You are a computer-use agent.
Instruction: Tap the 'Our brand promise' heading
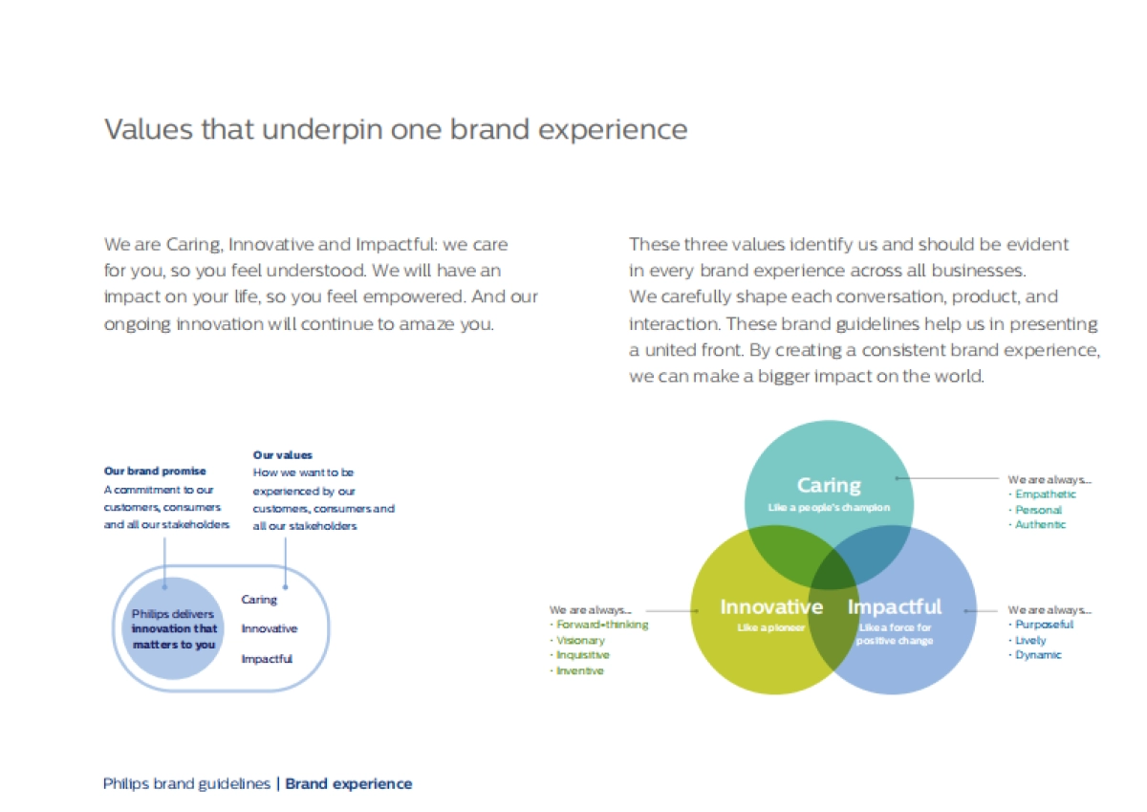[155, 471]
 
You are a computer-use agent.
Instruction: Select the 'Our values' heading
[282, 455]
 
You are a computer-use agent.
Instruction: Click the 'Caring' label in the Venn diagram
[829, 486]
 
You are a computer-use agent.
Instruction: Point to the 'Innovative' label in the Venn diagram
[771, 606]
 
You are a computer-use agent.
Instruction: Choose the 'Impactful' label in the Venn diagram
[894, 607]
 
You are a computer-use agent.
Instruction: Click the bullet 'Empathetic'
[1045, 494]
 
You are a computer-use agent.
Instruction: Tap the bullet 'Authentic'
[1040, 525]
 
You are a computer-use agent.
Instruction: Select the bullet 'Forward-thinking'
[602, 625]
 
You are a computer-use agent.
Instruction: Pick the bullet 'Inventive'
[579, 670]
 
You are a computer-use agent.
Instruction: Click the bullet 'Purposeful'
[1044, 625]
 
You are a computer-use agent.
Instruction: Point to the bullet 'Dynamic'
[1038, 655]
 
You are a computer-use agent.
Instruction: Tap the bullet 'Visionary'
[580, 641]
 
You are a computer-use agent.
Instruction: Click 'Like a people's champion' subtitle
[829, 508]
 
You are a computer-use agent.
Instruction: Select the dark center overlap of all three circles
[833, 574]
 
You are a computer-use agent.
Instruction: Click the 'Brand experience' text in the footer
[348, 784]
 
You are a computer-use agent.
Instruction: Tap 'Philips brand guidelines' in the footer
[186, 784]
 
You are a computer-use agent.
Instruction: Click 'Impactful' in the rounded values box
[267, 659]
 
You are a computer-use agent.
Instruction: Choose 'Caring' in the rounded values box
[259, 600]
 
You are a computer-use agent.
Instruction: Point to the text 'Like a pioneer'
[770, 628]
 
